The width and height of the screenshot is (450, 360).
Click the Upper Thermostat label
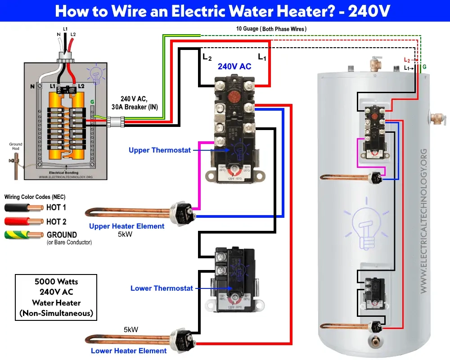(159, 150)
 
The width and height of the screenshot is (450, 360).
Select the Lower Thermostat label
(162, 288)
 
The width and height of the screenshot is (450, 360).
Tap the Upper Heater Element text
(126, 226)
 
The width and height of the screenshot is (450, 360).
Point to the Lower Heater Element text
(129, 351)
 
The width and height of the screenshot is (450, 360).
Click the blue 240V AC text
(234, 67)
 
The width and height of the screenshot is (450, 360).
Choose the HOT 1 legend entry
(56, 207)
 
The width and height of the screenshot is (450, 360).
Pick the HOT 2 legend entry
(56, 221)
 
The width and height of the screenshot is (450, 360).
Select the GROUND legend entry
(62, 234)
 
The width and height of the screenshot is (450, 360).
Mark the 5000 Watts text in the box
(56, 282)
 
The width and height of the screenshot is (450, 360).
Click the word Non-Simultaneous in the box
(56, 313)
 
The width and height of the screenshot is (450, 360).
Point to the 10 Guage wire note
(271, 29)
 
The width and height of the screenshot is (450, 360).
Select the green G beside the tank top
(424, 67)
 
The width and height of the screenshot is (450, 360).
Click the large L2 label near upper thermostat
(207, 57)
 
